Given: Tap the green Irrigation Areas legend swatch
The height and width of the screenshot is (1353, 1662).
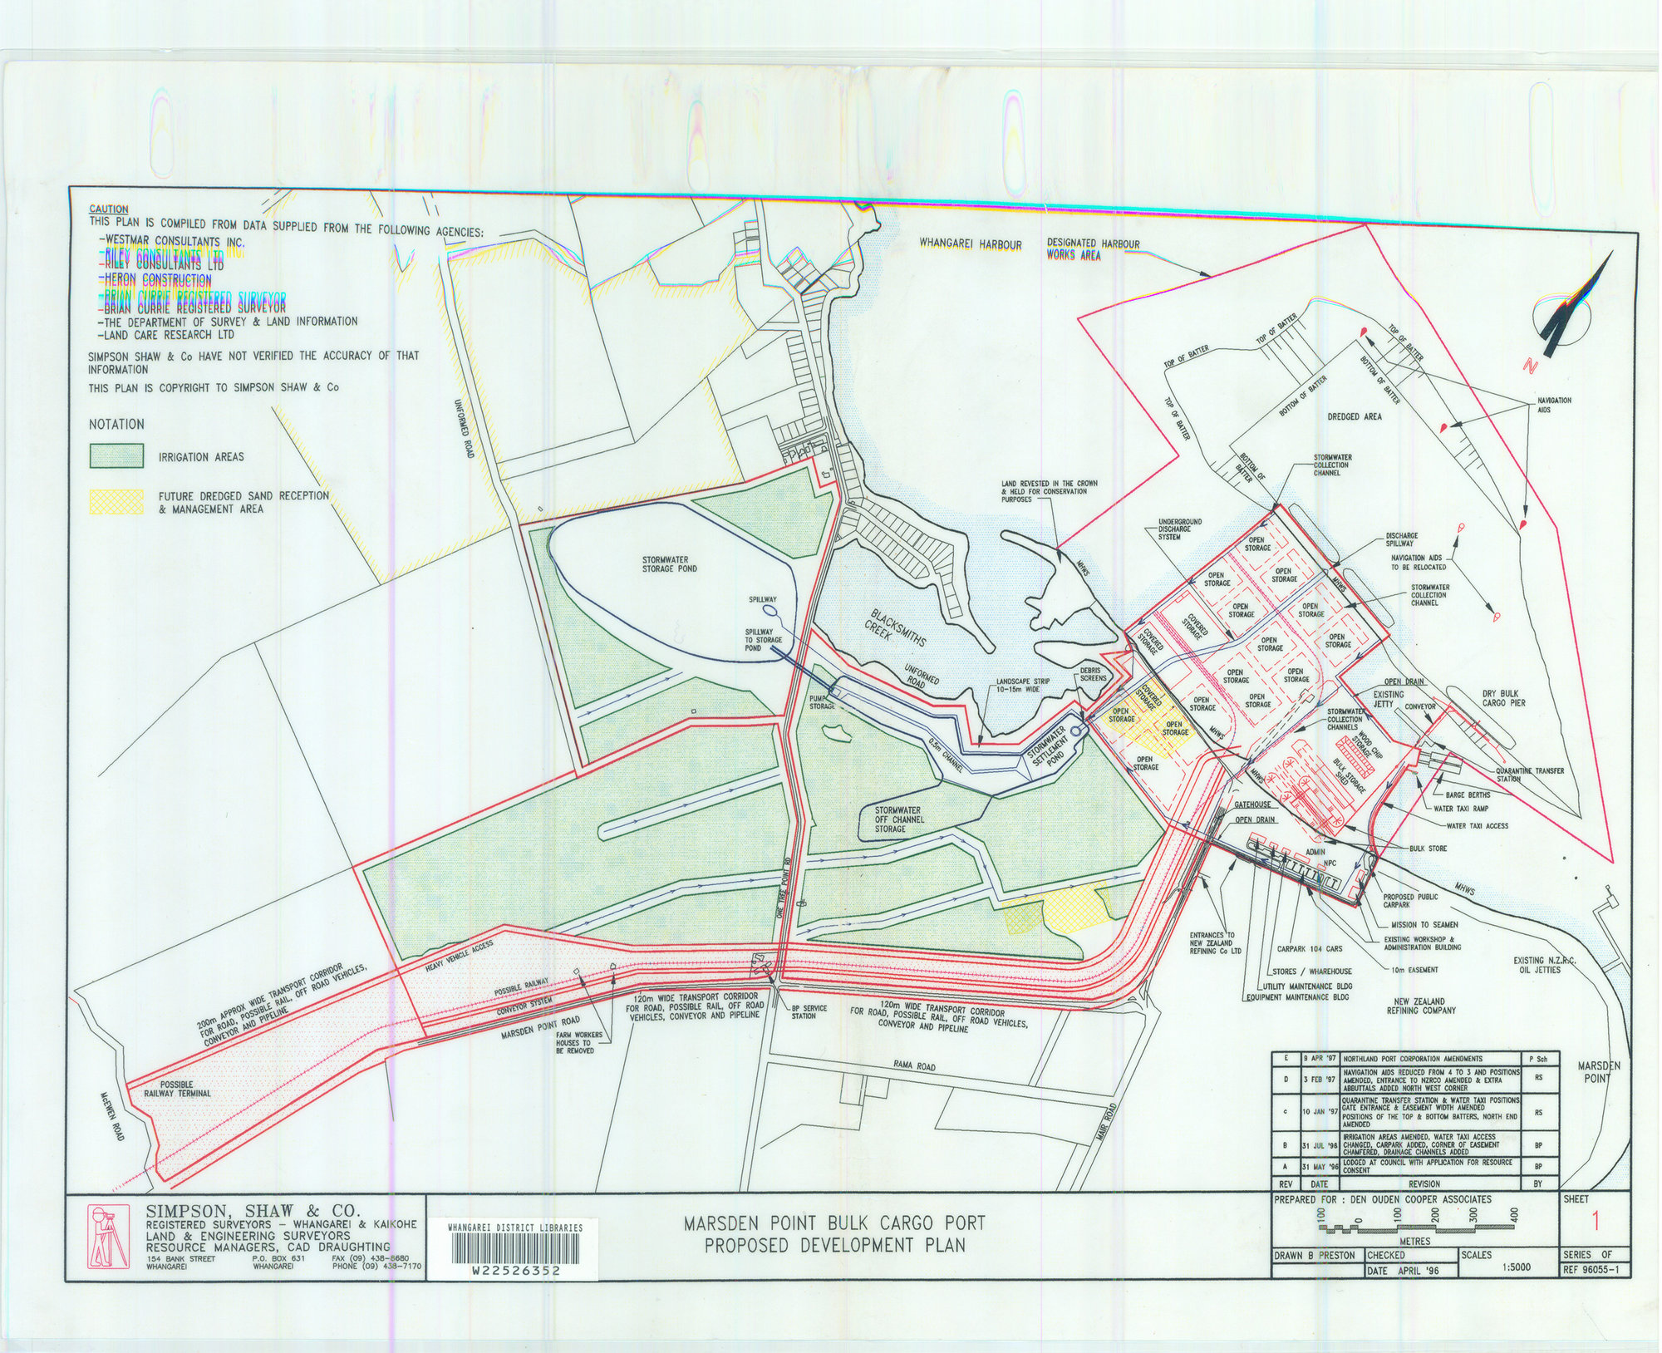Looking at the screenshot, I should click(116, 455).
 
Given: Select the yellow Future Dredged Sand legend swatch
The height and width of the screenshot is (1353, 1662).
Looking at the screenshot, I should click(116, 501).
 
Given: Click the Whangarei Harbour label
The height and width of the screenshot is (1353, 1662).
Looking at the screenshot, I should click(970, 244).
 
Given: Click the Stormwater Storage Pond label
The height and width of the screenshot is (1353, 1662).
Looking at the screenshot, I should click(669, 564).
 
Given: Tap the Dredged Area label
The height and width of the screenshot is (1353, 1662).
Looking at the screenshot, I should click(1354, 416).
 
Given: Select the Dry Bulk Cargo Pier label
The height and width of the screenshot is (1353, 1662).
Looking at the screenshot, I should click(1504, 697).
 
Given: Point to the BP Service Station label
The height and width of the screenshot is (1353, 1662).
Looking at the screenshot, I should click(803, 1011).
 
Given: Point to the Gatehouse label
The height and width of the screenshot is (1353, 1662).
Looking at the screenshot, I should click(1252, 805).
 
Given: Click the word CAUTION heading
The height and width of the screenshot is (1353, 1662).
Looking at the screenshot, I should click(109, 209).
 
